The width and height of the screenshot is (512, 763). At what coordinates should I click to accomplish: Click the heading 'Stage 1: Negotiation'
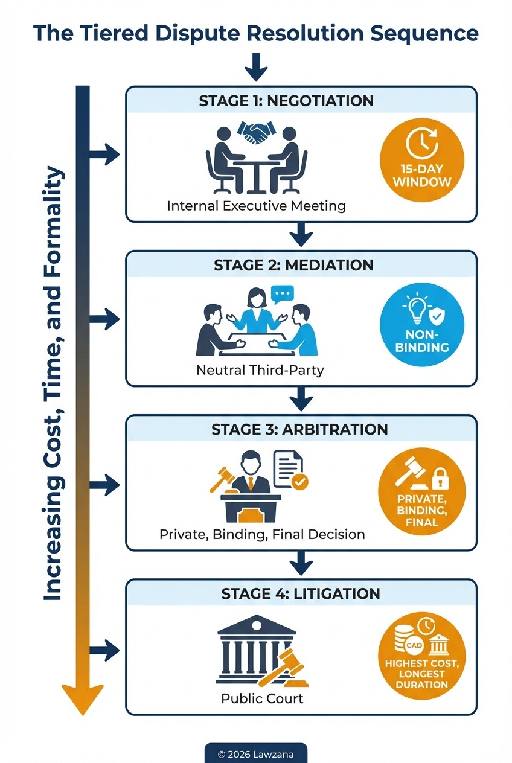point(286,101)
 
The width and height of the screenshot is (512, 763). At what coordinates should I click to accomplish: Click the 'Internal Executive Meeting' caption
point(256,206)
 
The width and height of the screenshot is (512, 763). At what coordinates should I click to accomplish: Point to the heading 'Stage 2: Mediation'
point(293,265)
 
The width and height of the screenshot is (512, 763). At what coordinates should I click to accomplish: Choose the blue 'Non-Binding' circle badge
point(422,324)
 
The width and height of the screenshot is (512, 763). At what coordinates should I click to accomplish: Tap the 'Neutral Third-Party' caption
point(260,370)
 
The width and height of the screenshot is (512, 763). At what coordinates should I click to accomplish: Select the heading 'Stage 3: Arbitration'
point(299,429)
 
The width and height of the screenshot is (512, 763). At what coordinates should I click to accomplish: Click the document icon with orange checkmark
point(290,469)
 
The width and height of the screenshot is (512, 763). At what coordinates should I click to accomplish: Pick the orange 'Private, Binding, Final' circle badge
point(422,490)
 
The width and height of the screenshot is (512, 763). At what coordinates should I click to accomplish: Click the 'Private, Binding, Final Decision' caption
point(262,534)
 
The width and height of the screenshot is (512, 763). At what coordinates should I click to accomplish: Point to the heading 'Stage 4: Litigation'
point(301,593)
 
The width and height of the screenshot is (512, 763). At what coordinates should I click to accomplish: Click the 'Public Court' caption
point(262,699)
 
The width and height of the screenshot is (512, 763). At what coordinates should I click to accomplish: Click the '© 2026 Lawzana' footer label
point(255,754)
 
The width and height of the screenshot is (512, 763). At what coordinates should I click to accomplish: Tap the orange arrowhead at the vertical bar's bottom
point(83,700)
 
